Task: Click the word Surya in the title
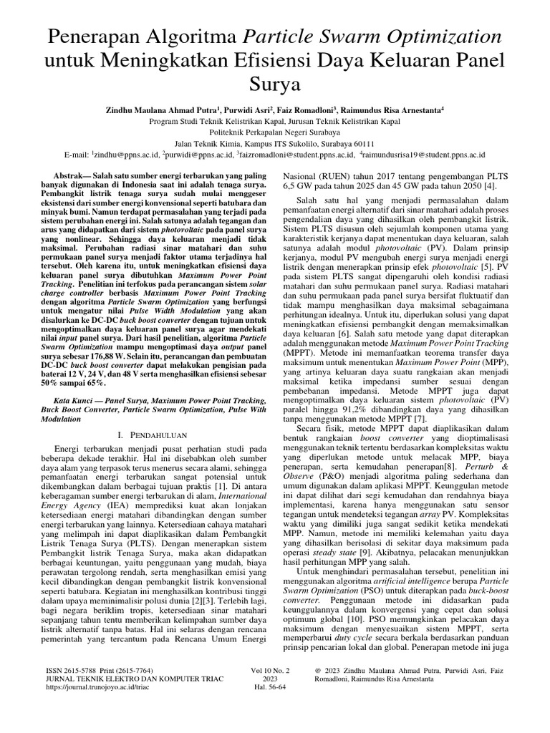tap(275, 86)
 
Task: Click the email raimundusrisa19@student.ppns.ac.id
tap(425, 155)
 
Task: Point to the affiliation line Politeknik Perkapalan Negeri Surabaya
tap(275, 132)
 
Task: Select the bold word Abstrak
tap(69, 176)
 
